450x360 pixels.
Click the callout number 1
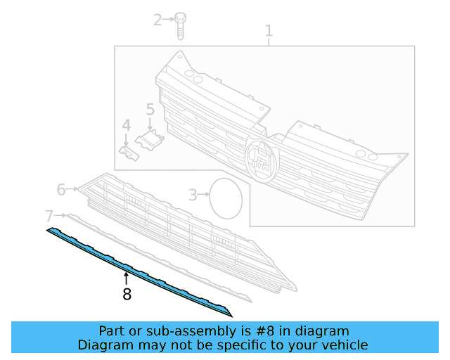(268, 31)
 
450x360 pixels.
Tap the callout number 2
(157, 20)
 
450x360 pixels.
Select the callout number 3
(192, 195)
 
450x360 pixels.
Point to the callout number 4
(126, 126)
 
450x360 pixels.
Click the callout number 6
(61, 189)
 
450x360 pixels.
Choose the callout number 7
(49, 215)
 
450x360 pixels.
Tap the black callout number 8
(127, 295)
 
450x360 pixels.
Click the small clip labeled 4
(129, 153)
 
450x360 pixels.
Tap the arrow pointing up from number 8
(127, 279)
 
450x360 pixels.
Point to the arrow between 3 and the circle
(204, 193)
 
